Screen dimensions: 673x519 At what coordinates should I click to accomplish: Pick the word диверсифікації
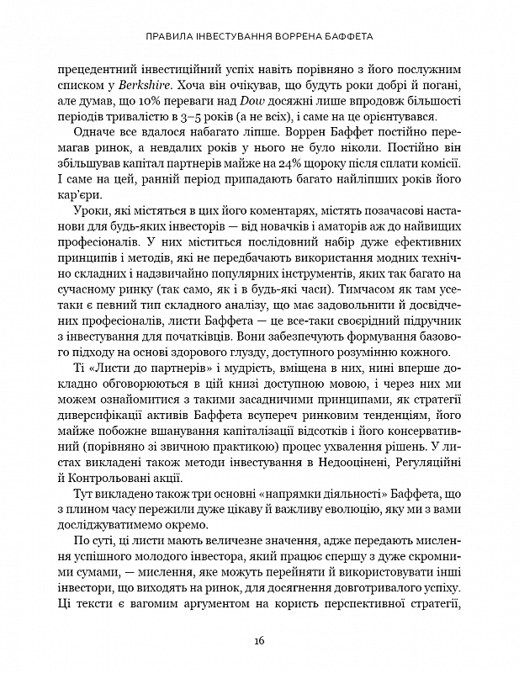101,427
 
